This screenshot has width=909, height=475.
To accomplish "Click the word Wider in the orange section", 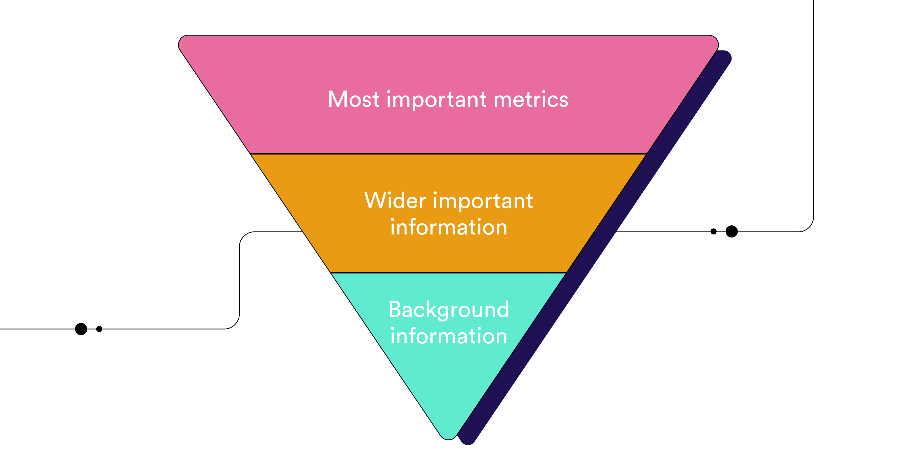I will [395, 201].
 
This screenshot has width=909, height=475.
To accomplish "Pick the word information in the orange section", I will [448, 227].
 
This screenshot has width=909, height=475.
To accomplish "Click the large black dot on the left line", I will [81, 329].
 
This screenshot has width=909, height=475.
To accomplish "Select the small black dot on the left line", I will [99, 329].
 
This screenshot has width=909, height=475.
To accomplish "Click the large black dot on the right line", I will [731, 231].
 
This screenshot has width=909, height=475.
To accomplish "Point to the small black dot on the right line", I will [714, 231].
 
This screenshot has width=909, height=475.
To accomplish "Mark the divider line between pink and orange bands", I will [448, 154].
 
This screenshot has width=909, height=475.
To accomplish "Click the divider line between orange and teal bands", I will [448, 272].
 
